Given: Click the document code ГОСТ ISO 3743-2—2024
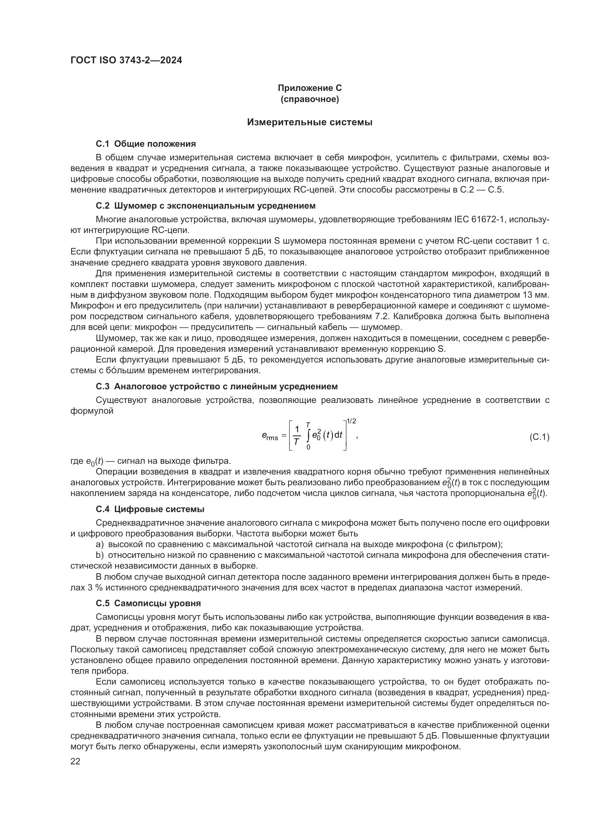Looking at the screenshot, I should tap(126, 60).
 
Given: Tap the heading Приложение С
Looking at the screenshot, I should tap(310, 88).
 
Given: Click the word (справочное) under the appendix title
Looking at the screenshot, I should tap(310, 99).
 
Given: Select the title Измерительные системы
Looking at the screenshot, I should tap(310, 122).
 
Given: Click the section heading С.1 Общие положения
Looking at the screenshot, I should tap(146, 143).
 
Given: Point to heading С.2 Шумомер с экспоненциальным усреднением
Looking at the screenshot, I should tap(205, 206).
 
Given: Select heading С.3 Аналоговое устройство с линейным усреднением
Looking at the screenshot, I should tap(217, 386).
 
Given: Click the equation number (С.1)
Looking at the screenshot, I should tap(539, 437).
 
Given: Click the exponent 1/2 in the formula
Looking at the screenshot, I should tap(351, 422).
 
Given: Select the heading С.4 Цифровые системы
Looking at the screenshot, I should tap(150, 509).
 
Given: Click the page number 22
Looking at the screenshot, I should tap(75, 761).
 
